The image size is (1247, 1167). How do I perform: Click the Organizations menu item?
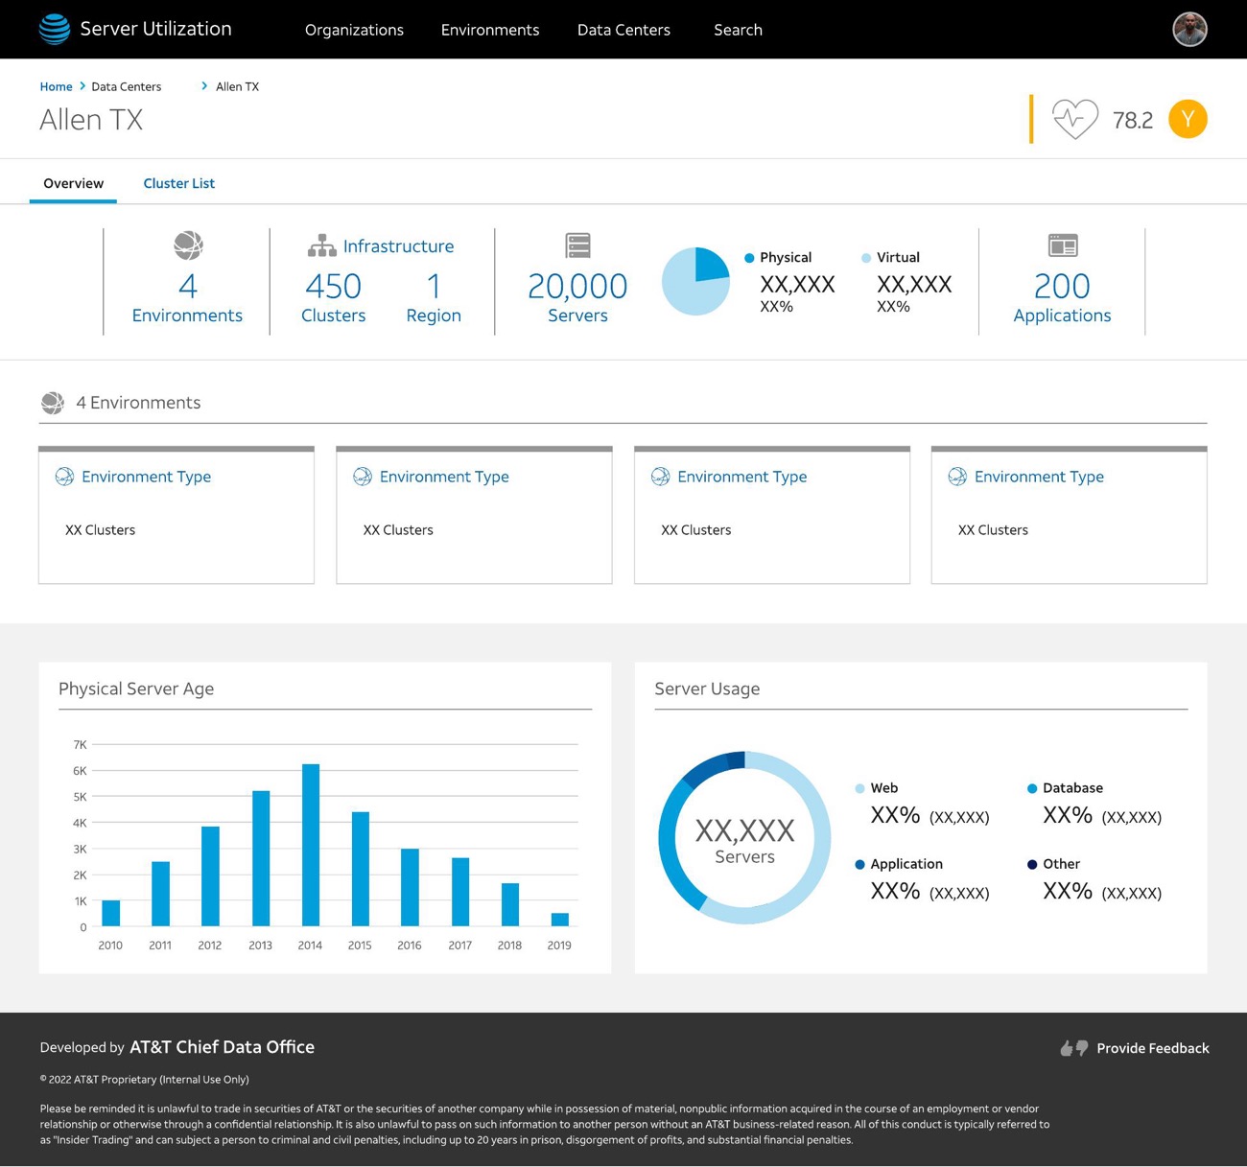pyautogui.click(x=354, y=30)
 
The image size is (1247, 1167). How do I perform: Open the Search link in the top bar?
pyautogui.click(x=738, y=30)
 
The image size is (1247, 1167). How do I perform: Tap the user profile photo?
pyautogui.click(x=1189, y=30)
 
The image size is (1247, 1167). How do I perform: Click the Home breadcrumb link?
pyautogui.click(x=56, y=86)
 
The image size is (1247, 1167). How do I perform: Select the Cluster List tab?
pyautogui.click(x=179, y=183)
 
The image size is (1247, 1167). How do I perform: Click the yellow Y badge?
pyautogui.click(x=1188, y=119)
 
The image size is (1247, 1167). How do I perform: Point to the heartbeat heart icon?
pyautogui.click(x=1075, y=119)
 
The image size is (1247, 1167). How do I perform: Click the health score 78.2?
pyautogui.click(x=1133, y=120)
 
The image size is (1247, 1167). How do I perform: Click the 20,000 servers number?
pyautogui.click(x=577, y=287)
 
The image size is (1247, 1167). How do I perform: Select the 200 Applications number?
pyautogui.click(x=1062, y=287)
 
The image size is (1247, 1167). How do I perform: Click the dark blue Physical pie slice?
pyautogui.click(x=712, y=265)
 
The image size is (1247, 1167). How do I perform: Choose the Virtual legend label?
pyautogui.click(x=898, y=257)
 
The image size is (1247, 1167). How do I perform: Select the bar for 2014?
pyautogui.click(x=310, y=845)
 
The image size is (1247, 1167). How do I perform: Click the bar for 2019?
pyautogui.click(x=559, y=920)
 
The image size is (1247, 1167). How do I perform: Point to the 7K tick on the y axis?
pyautogui.click(x=80, y=744)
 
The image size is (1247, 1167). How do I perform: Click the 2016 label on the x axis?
pyautogui.click(x=410, y=945)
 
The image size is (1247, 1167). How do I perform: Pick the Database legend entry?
pyautogui.click(x=1072, y=788)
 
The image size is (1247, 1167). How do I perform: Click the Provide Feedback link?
pyautogui.click(x=1153, y=1048)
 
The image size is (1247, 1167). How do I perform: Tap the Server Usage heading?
pyautogui.click(x=707, y=689)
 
